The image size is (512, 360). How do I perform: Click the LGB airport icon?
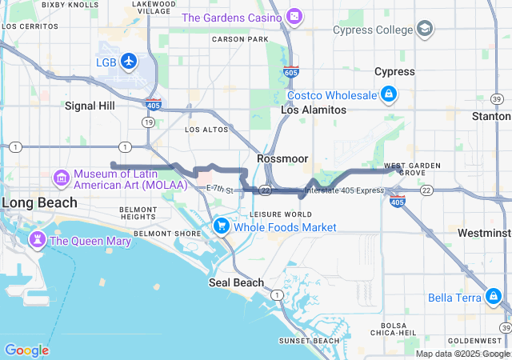[129, 62]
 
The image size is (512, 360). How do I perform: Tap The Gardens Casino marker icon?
[294, 17]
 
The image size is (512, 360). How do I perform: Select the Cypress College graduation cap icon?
[426, 30]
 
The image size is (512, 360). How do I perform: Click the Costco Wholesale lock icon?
[388, 95]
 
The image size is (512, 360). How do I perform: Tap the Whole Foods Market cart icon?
[222, 227]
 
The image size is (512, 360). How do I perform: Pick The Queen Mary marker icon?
[37, 240]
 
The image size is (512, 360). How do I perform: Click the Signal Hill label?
[90, 106]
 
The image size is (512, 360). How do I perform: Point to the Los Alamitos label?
[313, 110]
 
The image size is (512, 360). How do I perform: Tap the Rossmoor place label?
[282, 158]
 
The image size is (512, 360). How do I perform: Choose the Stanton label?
[491, 116]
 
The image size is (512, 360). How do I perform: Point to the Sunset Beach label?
[308, 341]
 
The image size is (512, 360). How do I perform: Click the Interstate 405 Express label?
[344, 190]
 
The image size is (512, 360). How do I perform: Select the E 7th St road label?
[219, 190]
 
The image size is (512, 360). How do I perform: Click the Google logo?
[26, 350]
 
